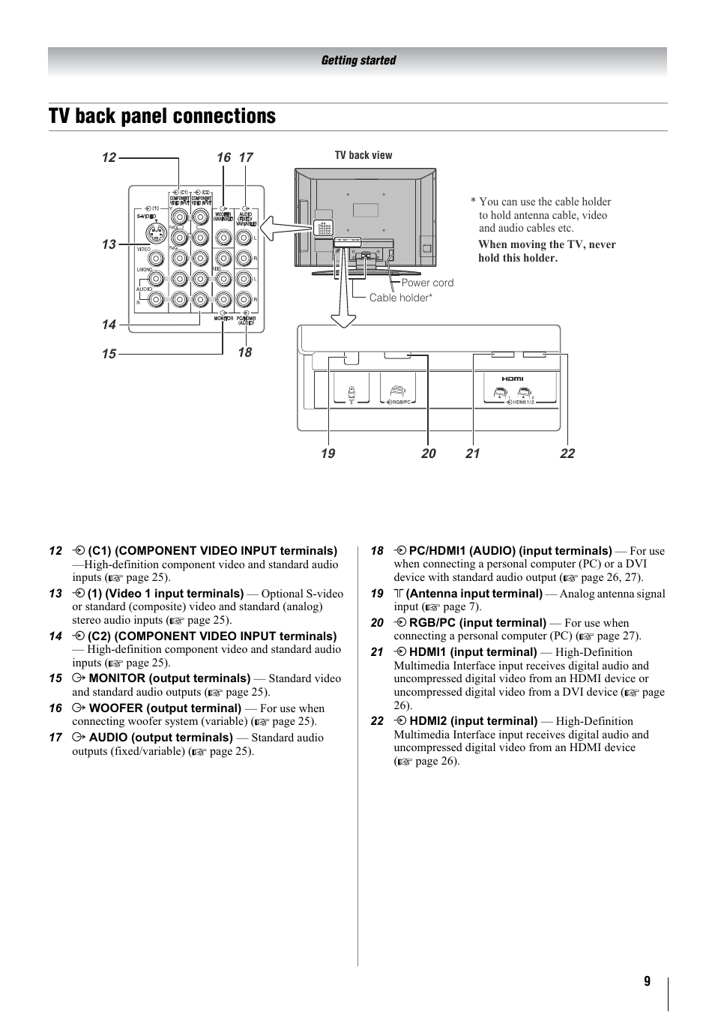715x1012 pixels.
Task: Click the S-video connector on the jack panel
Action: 154,230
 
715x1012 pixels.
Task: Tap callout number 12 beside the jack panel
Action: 109,157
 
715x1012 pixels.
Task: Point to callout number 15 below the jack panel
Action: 109,354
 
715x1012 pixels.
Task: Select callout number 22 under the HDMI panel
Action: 567,454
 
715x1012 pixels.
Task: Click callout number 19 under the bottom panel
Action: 328,454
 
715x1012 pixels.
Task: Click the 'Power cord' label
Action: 427,283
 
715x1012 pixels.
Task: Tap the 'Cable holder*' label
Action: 401,298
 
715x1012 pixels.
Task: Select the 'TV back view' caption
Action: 363,155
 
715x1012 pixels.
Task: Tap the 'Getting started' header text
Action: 358,61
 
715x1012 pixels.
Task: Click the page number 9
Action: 647,982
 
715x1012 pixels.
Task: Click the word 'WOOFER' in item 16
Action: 116,708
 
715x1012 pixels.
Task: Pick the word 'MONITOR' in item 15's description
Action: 117,678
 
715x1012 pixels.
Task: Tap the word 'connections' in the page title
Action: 224,116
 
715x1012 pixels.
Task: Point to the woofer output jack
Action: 223,238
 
